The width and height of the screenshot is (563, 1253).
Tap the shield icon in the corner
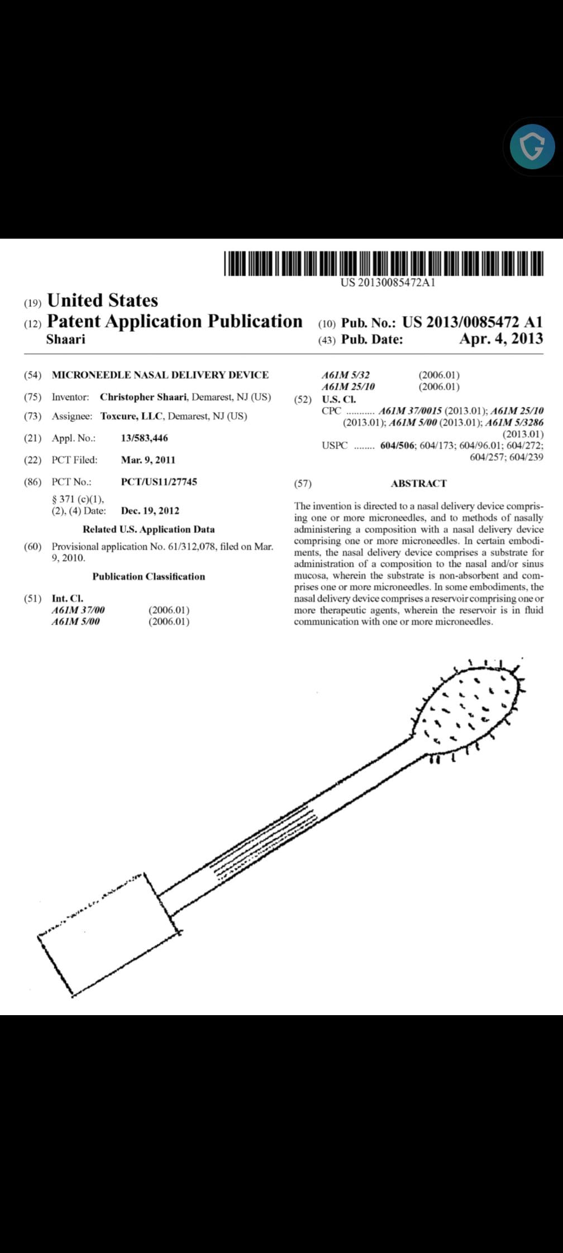pyautogui.click(x=532, y=146)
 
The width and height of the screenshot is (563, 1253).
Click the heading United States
pyautogui.click(x=103, y=300)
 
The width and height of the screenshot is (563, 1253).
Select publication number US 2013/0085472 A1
pyautogui.click(x=472, y=322)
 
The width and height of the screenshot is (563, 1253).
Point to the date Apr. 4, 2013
pyautogui.click(x=500, y=339)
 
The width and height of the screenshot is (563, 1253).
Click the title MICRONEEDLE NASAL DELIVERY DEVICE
pyautogui.click(x=160, y=375)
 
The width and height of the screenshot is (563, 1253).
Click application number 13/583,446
pyautogui.click(x=144, y=438)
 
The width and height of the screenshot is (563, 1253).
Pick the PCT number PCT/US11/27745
pyautogui.click(x=159, y=481)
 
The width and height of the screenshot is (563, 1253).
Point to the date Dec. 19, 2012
pyautogui.click(x=150, y=510)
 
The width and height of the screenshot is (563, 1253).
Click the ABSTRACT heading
pyautogui.click(x=418, y=484)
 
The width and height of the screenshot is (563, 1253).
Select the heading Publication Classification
pyautogui.click(x=149, y=576)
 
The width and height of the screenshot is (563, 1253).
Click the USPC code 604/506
pyautogui.click(x=398, y=446)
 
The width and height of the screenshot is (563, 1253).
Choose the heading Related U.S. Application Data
pyautogui.click(x=149, y=529)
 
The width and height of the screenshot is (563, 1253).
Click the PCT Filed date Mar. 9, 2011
pyautogui.click(x=148, y=460)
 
